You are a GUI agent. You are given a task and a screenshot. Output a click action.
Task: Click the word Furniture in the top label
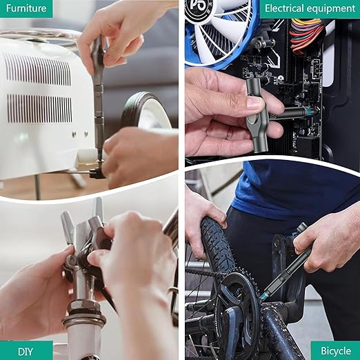click(26, 8)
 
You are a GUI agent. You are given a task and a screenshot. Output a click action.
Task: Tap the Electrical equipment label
click(309, 8)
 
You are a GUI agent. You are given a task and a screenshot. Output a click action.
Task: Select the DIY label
click(26, 350)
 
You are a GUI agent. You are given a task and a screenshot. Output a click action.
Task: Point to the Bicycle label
click(335, 350)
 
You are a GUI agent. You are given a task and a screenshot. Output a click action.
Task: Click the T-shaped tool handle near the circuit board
click(257, 117)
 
